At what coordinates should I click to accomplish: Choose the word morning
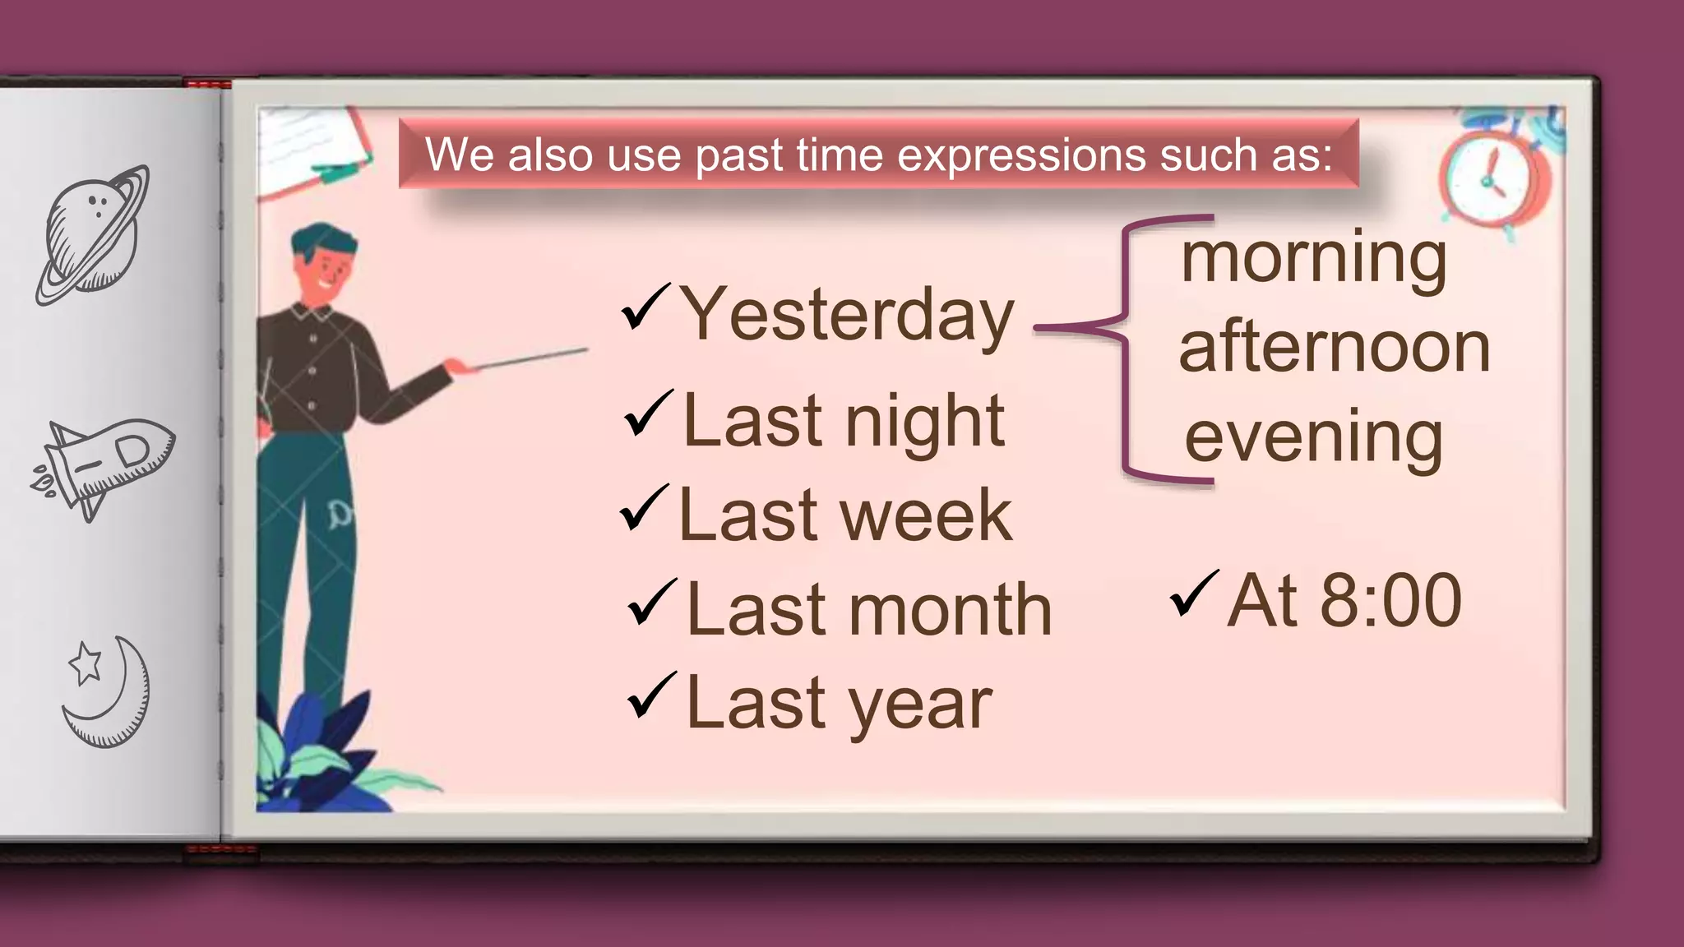click(1313, 258)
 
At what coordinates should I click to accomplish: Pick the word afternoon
click(1334, 348)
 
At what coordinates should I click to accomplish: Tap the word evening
click(1313, 438)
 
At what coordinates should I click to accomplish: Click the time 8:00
click(1390, 601)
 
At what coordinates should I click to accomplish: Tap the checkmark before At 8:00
click(1194, 594)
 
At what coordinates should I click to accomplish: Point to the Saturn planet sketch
click(93, 234)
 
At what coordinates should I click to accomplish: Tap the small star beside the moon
click(85, 663)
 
